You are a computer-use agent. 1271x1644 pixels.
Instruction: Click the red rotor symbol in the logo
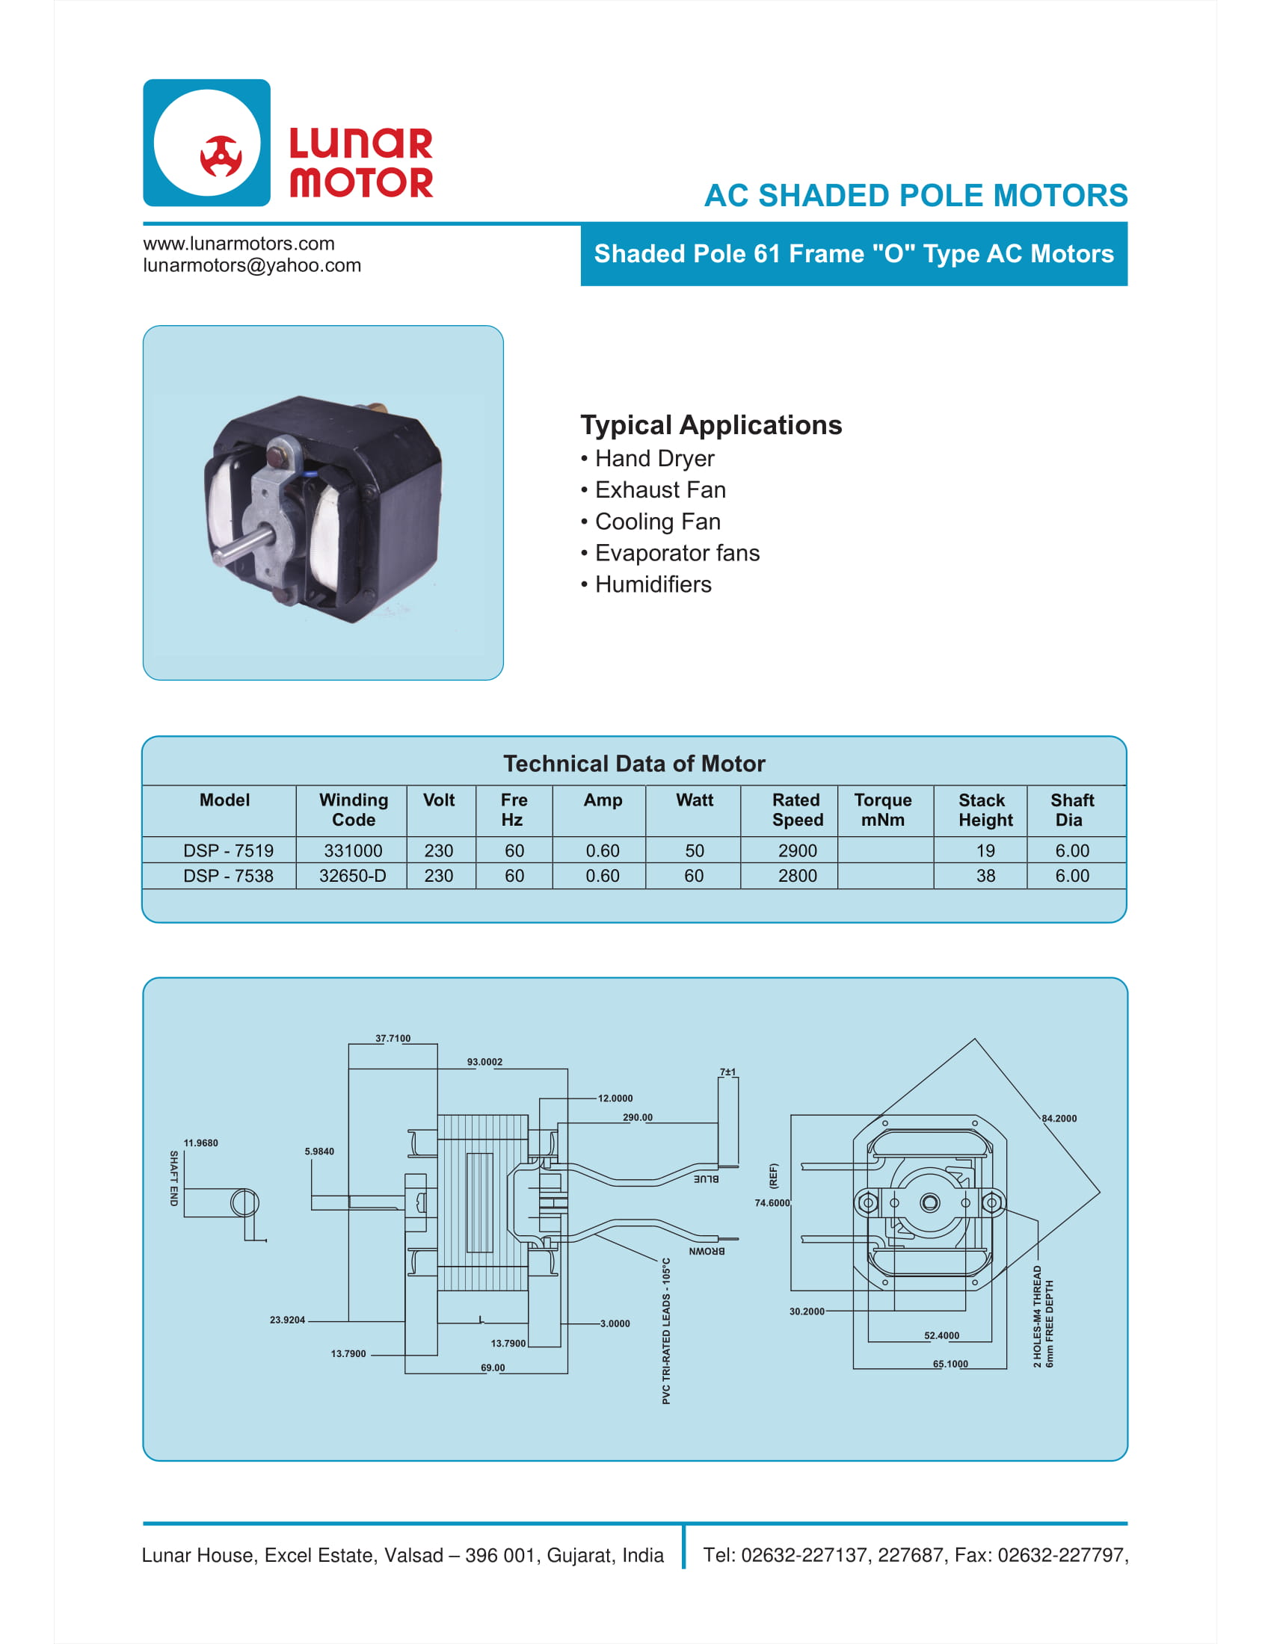[221, 157]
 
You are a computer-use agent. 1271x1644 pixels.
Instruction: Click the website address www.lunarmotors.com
[238, 244]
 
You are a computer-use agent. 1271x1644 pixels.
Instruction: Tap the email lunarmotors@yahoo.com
[251, 266]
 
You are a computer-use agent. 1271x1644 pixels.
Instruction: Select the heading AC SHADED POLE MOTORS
[915, 196]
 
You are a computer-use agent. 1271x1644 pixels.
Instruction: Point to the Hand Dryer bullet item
[653, 458]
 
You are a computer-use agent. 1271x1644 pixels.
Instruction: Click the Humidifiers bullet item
[652, 585]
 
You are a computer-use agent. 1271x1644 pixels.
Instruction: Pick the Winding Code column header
[353, 810]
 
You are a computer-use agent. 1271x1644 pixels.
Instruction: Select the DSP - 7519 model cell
[228, 850]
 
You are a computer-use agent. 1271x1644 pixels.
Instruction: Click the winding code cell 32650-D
[352, 877]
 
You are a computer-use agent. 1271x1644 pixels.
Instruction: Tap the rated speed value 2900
[797, 850]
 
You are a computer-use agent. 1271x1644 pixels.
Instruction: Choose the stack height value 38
[985, 877]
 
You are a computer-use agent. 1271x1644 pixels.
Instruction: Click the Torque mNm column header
[882, 810]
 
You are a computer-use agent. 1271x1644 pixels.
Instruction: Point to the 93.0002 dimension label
[484, 1062]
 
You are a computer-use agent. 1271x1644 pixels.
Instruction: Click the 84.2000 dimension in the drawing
[1059, 1119]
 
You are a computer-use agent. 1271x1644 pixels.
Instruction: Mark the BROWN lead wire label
[707, 1251]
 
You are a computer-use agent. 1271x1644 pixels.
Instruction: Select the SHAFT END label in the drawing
[174, 1178]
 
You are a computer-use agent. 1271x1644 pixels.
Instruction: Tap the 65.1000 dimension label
[950, 1364]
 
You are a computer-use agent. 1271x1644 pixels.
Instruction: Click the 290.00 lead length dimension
[637, 1117]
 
